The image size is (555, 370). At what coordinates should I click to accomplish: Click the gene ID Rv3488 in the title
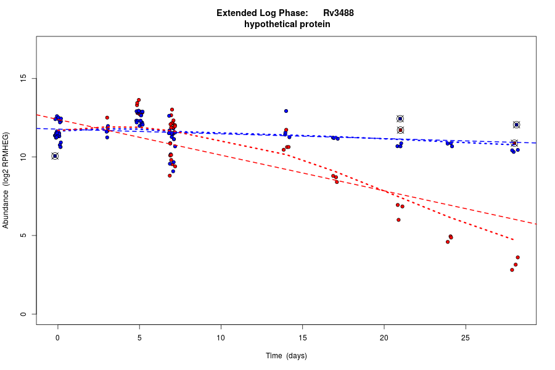point(338,13)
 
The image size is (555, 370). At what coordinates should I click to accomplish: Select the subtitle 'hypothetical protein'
point(287,25)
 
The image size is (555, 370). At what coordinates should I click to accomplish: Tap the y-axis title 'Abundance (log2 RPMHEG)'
point(6,180)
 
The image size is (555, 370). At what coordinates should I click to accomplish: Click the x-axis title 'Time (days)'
point(286,356)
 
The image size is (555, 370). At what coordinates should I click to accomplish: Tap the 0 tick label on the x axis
point(58,337)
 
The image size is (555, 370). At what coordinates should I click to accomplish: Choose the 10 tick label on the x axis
point(221,337)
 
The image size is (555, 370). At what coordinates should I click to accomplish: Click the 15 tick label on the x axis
point(302,337)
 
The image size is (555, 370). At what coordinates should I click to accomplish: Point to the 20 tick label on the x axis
point(384,337)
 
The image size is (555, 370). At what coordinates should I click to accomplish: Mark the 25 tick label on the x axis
point(466,337)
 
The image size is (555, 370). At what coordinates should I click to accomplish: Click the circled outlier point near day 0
point(55,156)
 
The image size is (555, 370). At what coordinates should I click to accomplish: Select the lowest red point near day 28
point(512,269)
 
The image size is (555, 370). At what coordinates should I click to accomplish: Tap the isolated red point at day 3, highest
point(107,118)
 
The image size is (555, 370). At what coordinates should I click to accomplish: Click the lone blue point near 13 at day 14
point(286,111)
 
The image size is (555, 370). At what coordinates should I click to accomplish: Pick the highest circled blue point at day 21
point(400,118)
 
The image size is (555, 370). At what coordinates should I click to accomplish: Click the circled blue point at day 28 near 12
point(517,125)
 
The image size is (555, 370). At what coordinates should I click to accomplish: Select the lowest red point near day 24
point(448,242)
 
